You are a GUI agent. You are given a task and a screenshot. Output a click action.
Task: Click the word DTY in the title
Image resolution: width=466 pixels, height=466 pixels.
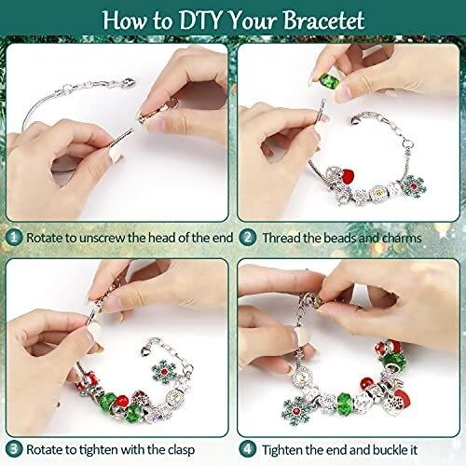200,21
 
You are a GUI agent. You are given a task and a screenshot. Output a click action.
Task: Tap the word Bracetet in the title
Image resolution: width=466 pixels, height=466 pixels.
323,21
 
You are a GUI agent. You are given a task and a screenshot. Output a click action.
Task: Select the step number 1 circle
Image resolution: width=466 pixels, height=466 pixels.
14,238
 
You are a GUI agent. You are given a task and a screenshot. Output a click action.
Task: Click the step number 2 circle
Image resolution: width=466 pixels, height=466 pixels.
248,238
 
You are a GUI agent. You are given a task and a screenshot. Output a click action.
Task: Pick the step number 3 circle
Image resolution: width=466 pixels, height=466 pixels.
14,449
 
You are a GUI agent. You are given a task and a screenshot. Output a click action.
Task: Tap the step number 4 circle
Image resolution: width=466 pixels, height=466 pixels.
248,449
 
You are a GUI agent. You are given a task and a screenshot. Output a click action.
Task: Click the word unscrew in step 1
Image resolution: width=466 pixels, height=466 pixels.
103,239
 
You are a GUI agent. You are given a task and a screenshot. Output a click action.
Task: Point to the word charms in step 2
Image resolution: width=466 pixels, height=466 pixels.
402,239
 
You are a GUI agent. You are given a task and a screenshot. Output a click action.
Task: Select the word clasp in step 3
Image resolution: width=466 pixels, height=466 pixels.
181,450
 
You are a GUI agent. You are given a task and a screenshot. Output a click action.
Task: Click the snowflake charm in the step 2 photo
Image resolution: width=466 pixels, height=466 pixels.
414,186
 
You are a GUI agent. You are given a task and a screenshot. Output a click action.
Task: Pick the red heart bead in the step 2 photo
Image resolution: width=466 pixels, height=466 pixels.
347,177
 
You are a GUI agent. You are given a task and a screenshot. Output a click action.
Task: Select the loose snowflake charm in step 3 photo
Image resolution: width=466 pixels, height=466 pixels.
164,372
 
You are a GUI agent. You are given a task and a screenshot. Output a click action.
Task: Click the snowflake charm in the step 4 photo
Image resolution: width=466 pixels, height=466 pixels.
295,411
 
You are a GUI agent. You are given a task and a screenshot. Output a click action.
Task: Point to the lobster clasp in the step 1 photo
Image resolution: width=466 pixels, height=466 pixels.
128,83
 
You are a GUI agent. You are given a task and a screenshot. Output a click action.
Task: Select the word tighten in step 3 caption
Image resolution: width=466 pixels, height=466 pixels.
99,450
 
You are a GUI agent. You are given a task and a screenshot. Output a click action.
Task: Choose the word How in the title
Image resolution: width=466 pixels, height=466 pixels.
125,21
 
